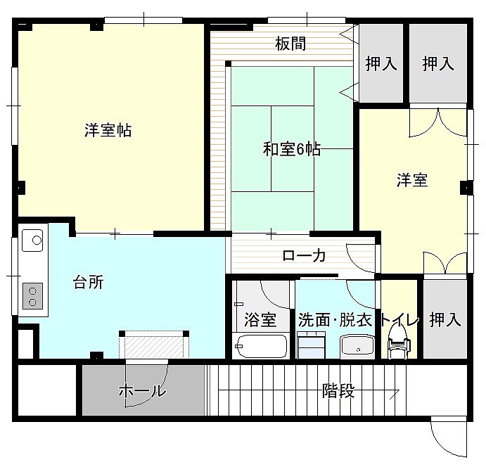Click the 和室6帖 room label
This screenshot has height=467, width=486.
(x=292, y=150)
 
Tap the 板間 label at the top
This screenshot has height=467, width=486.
(x=290, y=44)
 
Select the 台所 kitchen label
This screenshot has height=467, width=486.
(x=89, y=282)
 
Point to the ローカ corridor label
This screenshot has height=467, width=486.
(x=304, y=256)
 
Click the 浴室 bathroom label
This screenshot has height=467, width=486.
(x=260, y=320)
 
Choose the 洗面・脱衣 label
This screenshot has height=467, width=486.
(x=335, y=320)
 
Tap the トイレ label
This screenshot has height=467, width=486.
(x=399, y=320)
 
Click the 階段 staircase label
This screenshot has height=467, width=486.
(x=338, y=390)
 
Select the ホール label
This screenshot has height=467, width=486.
(x=142, y=390)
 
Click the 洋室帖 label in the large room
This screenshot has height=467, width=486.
(x=108, y=130)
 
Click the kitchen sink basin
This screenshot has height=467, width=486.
(x=32, y=240)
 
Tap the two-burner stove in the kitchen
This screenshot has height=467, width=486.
(x=32, y=296)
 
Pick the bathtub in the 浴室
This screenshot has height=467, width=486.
(x=261, y=347)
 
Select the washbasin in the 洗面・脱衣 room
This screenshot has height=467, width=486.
(x=358, y=347)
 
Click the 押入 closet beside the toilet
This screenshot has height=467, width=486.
(x=445, y=319)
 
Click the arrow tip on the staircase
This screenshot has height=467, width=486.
(x=399, y=391)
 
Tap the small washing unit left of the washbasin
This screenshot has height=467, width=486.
(x=311, y=345)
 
